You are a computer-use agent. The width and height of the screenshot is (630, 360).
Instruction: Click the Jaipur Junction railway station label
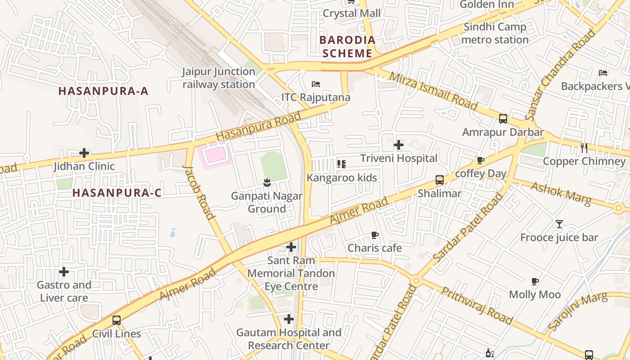(x=219, y=78)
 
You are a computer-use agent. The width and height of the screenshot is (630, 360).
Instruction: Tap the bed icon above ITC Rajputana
(x=316, y=84)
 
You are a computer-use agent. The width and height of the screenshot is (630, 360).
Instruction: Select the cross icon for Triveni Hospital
(x=398, y=145)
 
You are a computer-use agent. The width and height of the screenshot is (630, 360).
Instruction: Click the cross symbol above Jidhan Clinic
(x=84, y=153)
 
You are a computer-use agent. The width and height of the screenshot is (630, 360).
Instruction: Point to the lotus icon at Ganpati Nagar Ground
(x=267, y=183)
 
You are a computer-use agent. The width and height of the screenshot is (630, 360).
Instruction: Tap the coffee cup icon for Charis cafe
(x=374, y=235)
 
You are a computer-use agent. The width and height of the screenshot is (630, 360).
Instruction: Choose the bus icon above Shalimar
(x=440, y=180)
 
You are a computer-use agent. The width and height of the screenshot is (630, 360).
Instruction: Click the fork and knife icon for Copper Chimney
(x=584, y=148)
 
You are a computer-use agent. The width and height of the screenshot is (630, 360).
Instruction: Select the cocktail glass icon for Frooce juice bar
(x=559, y=224)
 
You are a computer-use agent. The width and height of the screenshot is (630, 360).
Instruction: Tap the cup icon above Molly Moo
(x=535, y=281)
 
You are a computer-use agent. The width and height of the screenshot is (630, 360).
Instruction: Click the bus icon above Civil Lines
(x=117, y=320)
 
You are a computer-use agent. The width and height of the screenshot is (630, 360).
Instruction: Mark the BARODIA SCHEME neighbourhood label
(x=347, y=46)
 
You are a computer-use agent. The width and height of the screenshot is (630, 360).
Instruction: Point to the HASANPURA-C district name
(x=117, y=193)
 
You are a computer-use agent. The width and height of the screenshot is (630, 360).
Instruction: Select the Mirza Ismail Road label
(x=433, y=90)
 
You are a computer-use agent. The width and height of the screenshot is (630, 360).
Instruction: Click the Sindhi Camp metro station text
(x=495, y=33)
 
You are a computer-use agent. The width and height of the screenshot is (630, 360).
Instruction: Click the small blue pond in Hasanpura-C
(x=173, y=233)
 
